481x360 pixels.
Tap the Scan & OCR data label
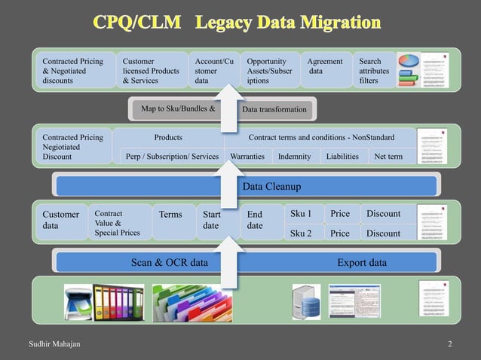coord(170,263)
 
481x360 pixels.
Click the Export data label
coord(362,263)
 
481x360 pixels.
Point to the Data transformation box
coord(274,110)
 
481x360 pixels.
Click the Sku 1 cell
coord(302,214)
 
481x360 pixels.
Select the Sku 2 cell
coord(302,233)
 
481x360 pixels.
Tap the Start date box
coord(212,220)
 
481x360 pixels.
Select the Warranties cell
coord(247,157)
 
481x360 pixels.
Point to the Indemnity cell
coord(293,157)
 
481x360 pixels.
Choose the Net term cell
coord(389,157)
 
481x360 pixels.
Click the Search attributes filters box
coord(372,71)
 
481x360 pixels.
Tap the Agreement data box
coord(326,66)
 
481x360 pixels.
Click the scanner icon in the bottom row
coord(78,300)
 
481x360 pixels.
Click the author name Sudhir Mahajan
coord(54,344)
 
